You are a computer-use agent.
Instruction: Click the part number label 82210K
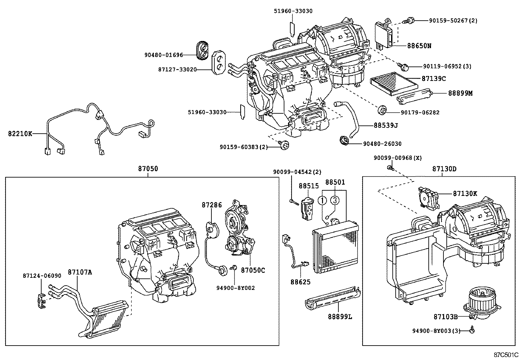click(20, 134)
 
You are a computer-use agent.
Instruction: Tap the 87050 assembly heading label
click(148, 169)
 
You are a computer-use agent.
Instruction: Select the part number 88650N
click(419, 46)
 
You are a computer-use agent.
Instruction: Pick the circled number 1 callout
click(323, 200)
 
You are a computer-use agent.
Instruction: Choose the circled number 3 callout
click(334, 200)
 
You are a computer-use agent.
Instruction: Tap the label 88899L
click(340, 316)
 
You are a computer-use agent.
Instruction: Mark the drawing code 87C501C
click(506, 355)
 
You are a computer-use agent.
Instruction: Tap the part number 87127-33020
click(177, 69)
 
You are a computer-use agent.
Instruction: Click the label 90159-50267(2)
click(453, 21)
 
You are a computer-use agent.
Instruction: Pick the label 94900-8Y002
click(235, 288)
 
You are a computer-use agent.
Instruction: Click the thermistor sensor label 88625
click(300, 282)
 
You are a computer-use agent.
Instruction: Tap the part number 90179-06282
click(420, 113)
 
